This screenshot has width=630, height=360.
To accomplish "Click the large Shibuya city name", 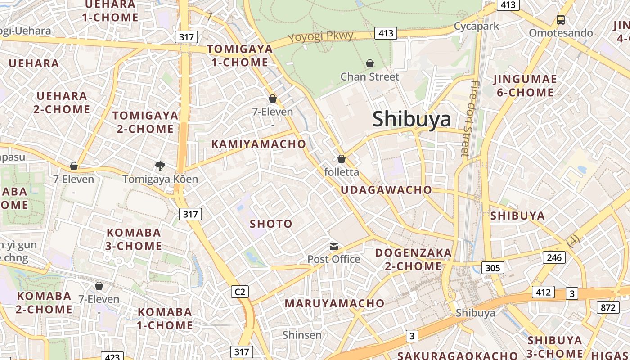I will click(x=412, y=119).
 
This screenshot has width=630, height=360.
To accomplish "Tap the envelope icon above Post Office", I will click(x=334, y=246).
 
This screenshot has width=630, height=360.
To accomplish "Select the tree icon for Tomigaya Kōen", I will click(x=160, y=166).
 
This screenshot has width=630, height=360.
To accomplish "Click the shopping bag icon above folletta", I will click(x=342, y=159).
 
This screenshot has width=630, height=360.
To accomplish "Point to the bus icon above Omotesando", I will click(x=561, y=20).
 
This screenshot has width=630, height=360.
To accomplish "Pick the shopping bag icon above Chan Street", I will click(x=370, y=63).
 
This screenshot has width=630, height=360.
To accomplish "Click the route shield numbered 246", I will click(x=554, y=257).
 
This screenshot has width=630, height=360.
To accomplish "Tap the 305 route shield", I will click(x=493, y=268).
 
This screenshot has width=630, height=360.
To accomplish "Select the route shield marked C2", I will click(x=240, y=292).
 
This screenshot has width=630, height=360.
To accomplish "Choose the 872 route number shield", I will click(x=608, y=307).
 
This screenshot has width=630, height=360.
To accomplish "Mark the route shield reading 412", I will click(x=543, y=292).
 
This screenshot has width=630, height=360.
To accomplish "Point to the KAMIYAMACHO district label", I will click(x=259, y=144).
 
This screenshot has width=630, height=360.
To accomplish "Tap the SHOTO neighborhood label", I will click(x=271, y=224).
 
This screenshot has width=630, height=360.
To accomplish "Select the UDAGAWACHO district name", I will click(x=386, y=190).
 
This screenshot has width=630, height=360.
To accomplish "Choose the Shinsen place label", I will click(x=302, y=335).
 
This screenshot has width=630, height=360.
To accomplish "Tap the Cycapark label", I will click(x=477, y=26).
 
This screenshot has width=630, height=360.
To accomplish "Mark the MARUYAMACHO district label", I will click(x=334, y=303).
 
